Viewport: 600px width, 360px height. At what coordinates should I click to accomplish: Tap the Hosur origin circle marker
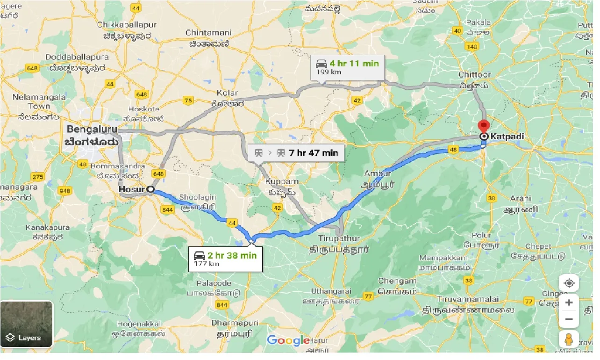coord(150,189)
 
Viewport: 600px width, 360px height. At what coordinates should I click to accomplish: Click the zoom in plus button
coord(569,302)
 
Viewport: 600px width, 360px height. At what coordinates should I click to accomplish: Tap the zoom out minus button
coord(569,319)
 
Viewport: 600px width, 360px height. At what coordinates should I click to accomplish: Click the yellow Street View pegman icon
coord(569,340)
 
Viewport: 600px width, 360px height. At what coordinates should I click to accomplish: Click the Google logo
coord(288,340)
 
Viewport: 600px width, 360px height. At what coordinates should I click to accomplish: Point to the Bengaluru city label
coord(92,129)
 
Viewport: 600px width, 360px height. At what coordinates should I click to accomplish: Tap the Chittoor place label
coord(474,75)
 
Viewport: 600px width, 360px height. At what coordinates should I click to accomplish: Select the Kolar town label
coord(228,93)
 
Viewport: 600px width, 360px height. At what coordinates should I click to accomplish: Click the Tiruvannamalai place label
coord(469,299)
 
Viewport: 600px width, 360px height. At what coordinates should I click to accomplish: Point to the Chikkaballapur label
coord(124,24)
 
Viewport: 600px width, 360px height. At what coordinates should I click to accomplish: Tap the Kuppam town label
coord(281,181)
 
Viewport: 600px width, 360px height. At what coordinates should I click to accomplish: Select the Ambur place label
coord(378,174)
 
